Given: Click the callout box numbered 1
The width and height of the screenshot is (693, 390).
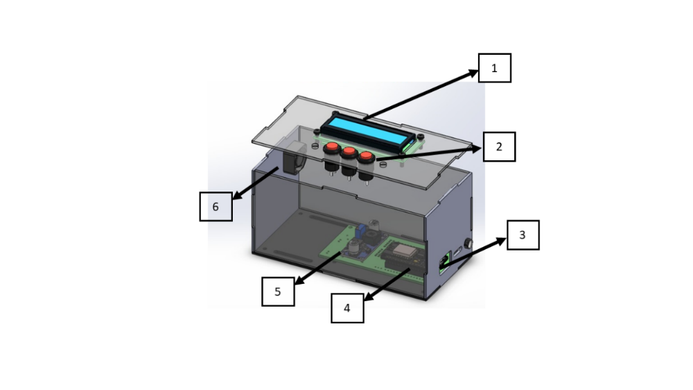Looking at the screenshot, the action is [x=495, y=68].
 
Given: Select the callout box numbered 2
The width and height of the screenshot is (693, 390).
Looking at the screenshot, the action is [x=499, y=146].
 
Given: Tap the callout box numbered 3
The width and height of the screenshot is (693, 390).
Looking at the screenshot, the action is [x=523, y=235].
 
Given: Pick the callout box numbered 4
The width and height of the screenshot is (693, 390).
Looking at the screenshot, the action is [x=347, y=308].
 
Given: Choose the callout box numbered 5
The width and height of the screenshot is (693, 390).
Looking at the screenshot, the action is [x=278, y=291].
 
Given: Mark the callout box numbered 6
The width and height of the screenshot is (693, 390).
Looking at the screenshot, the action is [x=216, y=206].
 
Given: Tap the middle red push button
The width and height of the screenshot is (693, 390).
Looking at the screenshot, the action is [x=349, y=152].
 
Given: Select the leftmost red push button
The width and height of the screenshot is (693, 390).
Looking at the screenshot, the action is [x=332, y=147].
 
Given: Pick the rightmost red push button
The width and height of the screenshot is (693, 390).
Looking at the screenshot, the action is [x=367, y=156].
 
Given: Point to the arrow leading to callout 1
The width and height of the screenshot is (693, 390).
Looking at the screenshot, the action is [x=421, y=95].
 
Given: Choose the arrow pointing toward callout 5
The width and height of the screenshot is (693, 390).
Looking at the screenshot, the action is [x=318, y=269].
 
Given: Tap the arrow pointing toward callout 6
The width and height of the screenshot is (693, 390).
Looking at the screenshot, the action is [x=256, y=184].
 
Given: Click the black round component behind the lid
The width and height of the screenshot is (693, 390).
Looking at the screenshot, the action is [x=292, y=158].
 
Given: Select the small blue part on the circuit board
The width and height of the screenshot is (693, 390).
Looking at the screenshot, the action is [x=362, y=230].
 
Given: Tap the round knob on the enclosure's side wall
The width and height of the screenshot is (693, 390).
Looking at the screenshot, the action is [x=468, y=243].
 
